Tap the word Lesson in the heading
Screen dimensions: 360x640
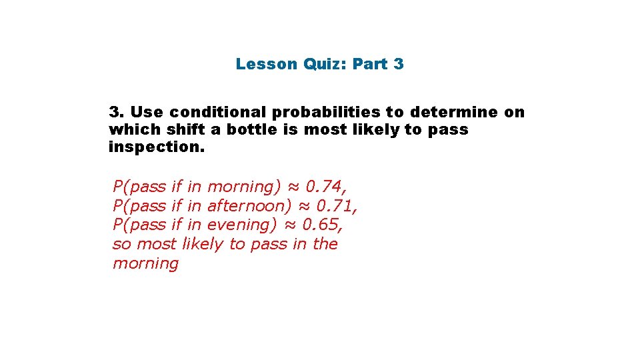(x=266, y=65)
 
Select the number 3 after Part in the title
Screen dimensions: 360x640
(x=398, y=65)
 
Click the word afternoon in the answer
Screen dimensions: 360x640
(x=249, y=205)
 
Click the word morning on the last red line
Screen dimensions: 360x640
(x=145, y=263)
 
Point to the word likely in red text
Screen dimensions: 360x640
(x=203, y=244)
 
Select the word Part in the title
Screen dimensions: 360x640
(x=369, y=65)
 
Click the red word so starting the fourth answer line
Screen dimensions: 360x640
(x=121, y=244)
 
